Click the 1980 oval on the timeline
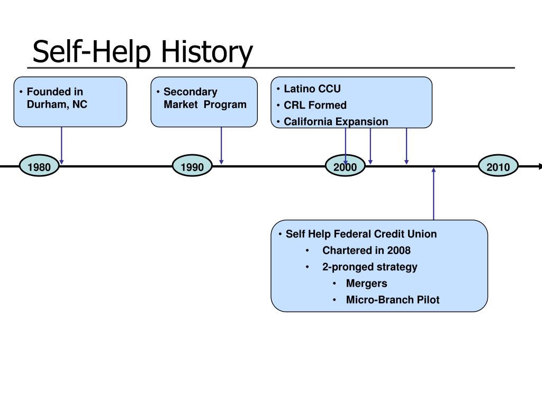point(39,166)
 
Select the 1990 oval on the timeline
point(192,166)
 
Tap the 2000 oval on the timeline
point(345,166)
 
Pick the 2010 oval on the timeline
point(498,166)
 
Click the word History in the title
point(207,52)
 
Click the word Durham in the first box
point(48,104)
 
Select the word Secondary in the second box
point(191,92)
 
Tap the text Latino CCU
point(312,89)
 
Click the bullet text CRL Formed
point(315,105)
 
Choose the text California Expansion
point(336,121)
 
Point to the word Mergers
point(366,283)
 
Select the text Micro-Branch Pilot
point(393,299)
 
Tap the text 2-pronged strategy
point(369,267)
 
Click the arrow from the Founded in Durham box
point(61,145)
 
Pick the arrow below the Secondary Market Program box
point(221,145)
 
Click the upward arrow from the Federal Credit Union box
point(433,194)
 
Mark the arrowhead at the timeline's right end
point(540,166)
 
